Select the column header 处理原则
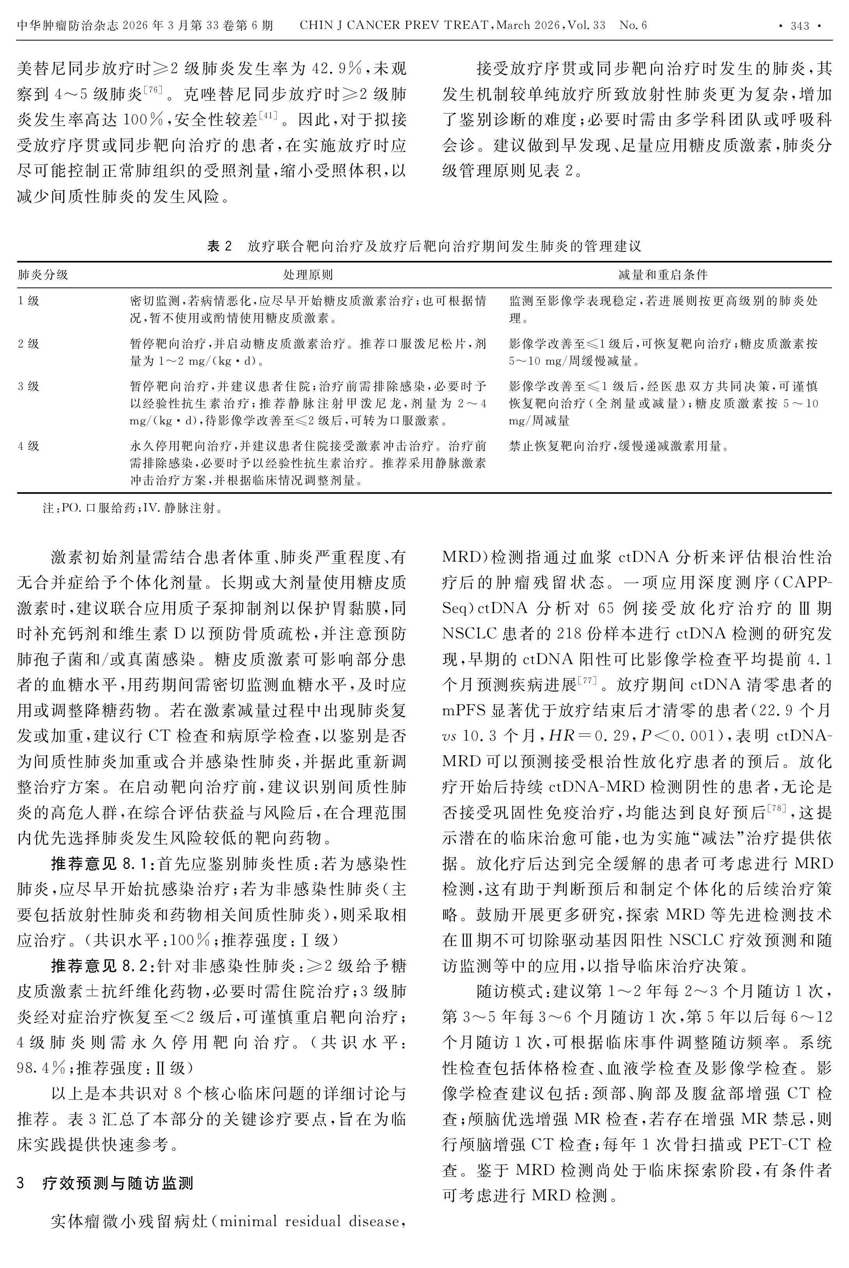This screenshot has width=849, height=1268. pos(308,275)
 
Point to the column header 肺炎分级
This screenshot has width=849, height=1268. pos(43,275)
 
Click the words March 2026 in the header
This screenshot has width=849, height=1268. pos(527,25)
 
